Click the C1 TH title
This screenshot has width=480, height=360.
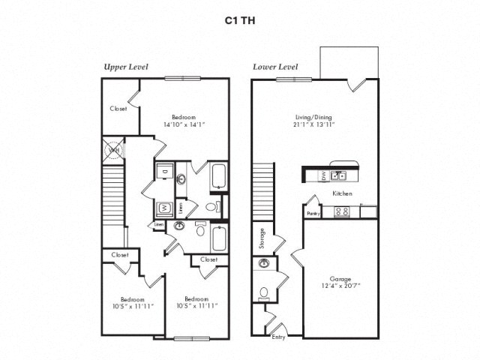coord(240,21)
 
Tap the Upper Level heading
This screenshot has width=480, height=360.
coord(125,67)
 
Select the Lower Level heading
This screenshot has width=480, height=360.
coord(275,67)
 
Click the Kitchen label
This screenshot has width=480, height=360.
coord(342,193)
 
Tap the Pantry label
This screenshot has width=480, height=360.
coord(313,213)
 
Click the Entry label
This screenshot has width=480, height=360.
coord(279,337)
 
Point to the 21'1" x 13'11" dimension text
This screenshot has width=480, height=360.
coord(314,125)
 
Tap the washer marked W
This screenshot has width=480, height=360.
coord(163,208)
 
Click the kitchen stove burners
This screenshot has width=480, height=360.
coord(343,211)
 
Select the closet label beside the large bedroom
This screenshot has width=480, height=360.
coord(118,108)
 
